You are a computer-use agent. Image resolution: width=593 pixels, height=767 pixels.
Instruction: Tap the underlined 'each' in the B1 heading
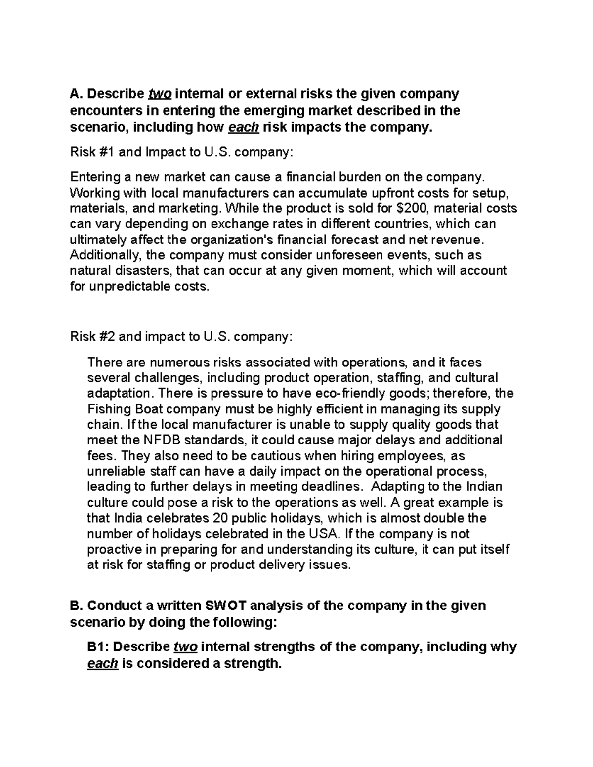click(102, 664)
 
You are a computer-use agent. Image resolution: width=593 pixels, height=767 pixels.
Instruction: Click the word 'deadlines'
click(326, 487)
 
